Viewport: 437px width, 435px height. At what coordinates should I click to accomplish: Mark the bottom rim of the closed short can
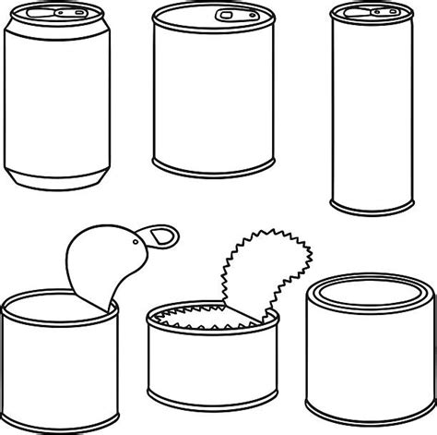click(366, 405)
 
